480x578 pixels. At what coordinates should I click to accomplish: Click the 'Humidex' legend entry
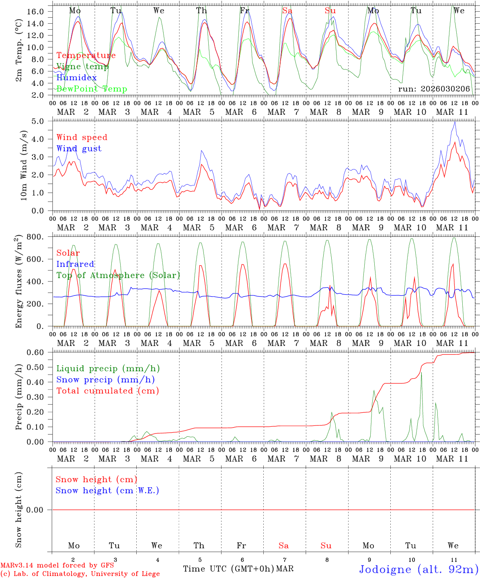(x=76, y=78)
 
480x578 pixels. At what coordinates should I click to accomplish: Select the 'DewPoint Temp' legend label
(x=92, y=89)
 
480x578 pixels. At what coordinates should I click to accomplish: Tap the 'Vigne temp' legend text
(x=82, y=67)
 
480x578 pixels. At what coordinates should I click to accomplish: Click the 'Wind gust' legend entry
(x=79, y=149)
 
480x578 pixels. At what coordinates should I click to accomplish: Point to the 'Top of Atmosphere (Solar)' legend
(x=118, y=275)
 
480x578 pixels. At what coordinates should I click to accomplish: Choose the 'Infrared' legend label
(x=75, y=264)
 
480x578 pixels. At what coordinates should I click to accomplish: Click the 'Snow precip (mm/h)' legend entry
(x=105, y=380)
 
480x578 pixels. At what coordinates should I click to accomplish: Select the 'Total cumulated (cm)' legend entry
(x=107, y=391)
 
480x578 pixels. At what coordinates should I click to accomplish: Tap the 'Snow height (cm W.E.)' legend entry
(x=107, y=490)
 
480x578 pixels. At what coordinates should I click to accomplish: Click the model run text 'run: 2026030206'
(x=434, y=89)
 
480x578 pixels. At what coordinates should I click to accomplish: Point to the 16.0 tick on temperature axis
(x=36, y=11)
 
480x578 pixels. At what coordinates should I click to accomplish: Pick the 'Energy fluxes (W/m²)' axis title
(x=19, y=283)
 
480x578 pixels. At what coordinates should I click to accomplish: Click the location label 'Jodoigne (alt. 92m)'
(x=418, y=569)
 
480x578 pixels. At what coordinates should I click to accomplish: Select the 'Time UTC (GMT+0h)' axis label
(x=228, y=569)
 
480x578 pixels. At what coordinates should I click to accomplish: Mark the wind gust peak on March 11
(x=455, y=122)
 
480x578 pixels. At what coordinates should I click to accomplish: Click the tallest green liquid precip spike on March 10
(x=421, y=372)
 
